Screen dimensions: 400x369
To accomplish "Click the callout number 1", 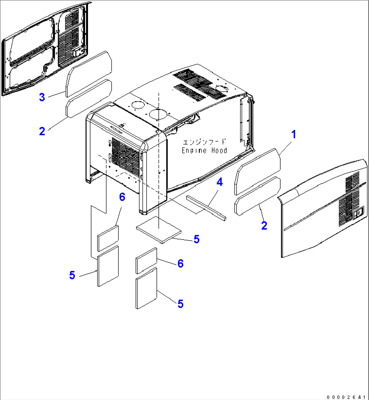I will coord(294,134).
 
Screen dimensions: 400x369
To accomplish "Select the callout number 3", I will coord(42,97).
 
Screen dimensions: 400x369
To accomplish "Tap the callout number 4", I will coord(220,182).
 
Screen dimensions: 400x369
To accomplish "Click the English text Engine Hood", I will coord(204,150).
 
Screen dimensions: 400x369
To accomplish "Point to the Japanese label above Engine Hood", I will coord(204,142).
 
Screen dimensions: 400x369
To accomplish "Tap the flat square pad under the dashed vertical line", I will coord(158,230).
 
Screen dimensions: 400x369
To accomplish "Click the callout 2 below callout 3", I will coord(42,131).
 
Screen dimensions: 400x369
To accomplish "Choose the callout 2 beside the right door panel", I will coord(264,225).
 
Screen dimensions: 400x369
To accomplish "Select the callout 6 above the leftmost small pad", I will coord(122,197).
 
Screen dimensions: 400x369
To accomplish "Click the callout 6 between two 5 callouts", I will coord(180,263).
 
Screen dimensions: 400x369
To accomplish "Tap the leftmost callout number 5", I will coord(72,275).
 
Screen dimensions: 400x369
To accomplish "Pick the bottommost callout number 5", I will coord(180,304).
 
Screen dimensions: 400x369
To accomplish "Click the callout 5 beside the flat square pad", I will coord(196,239).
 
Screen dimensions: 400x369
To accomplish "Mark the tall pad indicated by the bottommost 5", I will coord(147,288).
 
